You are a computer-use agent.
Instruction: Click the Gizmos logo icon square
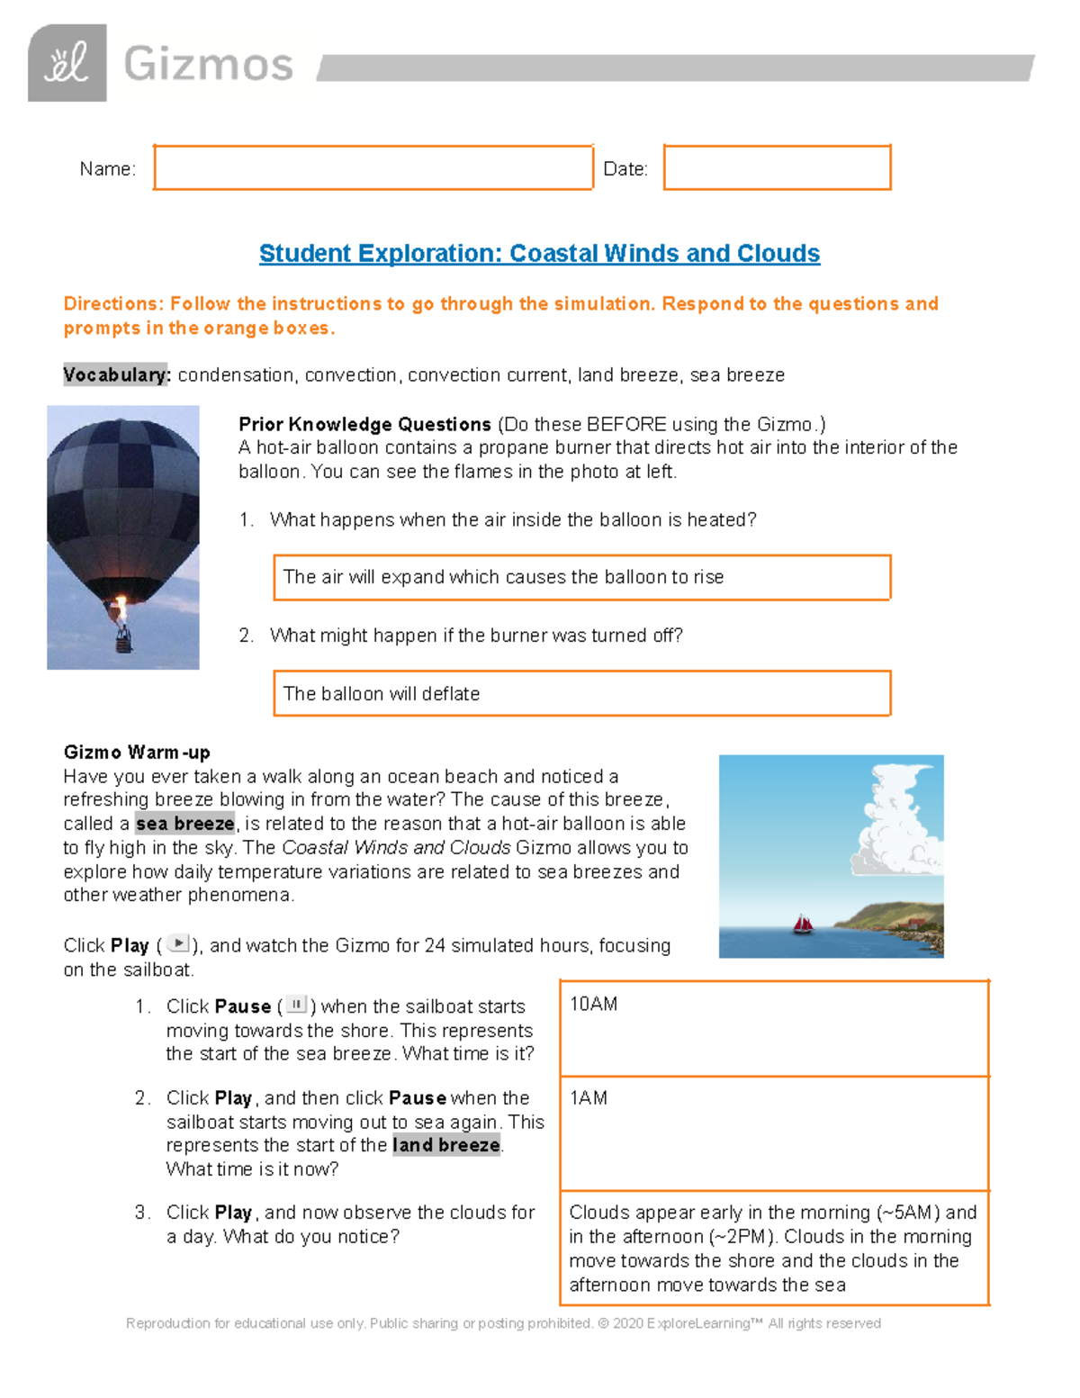(x=67, y=63)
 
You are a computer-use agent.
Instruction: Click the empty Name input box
(x=373, y=167)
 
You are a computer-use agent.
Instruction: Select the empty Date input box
(x=777, y=167)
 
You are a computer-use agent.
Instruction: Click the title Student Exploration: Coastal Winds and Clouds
(x=539, y=254)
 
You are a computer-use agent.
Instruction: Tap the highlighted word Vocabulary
(x=116, y=375)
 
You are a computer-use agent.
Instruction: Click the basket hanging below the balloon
(x=123, y=641)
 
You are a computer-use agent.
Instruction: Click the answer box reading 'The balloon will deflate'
(x=581, y=693)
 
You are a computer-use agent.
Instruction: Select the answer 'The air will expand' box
(x=581, y=577)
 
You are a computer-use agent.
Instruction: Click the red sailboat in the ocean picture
(x=802, y=924)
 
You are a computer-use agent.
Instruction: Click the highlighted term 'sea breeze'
(x=185, y=824)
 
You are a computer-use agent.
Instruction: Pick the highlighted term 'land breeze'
(x=446, y=1145)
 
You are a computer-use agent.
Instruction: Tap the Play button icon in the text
(x=179, y=944)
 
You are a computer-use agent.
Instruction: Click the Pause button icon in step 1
(x=296, y=1005)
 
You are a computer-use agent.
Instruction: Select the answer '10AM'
(x=594, y=1005)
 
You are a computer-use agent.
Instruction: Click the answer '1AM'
(x=589, y=1098)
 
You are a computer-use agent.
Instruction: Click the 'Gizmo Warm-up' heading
(x=137, y=753)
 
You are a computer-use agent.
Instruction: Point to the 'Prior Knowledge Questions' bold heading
(x=364, y=424)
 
